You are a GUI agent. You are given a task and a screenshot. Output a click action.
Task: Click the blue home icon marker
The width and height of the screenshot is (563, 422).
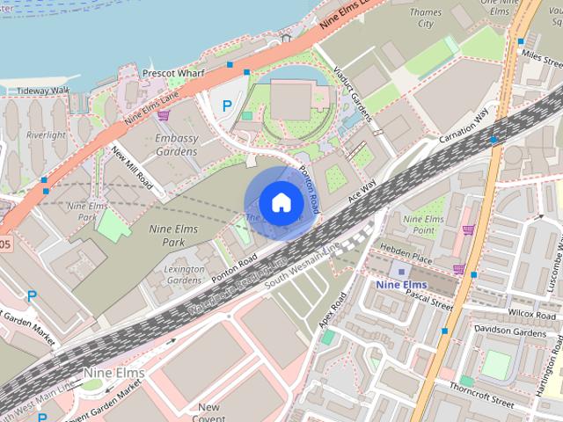coord(280,202)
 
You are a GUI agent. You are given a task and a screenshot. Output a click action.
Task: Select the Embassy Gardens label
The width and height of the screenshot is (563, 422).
coord(176,145)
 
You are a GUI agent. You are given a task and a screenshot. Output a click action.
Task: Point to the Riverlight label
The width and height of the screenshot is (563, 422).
coord(45,135)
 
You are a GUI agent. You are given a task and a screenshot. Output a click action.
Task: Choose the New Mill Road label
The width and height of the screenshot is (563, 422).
coord(133,167)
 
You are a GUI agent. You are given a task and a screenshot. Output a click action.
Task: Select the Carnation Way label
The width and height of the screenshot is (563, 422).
coord(464,130)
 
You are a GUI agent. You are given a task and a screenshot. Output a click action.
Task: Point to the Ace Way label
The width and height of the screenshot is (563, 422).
coord(362,189)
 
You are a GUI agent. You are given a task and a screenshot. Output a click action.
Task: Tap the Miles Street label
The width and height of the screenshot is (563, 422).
coord(542,55)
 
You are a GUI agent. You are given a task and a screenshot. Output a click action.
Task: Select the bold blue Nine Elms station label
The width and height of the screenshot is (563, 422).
coord(400,285)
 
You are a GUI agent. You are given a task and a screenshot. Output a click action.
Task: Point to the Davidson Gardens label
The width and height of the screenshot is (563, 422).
coord(510,331)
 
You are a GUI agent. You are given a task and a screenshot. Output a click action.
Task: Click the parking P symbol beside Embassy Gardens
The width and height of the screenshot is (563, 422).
coord(227,105)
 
